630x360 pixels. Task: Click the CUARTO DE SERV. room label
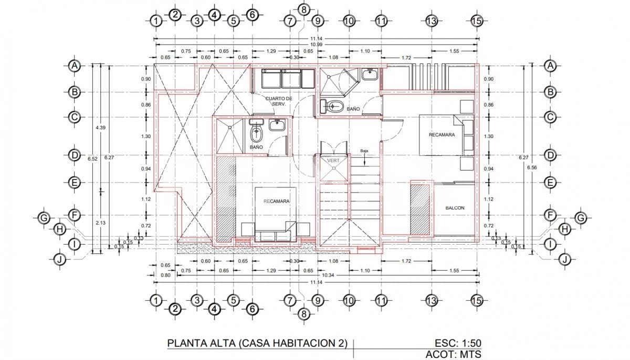278,101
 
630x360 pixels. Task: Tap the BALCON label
455,208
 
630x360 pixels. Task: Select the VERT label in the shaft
333,160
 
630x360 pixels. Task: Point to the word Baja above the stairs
364,151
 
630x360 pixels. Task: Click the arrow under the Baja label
364,160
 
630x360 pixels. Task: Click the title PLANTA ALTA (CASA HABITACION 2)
257,343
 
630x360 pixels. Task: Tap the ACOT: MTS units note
453,355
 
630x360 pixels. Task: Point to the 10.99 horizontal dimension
316,45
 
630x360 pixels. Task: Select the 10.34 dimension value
328,274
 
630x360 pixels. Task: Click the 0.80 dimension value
165,275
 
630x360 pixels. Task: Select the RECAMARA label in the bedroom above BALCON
442,135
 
